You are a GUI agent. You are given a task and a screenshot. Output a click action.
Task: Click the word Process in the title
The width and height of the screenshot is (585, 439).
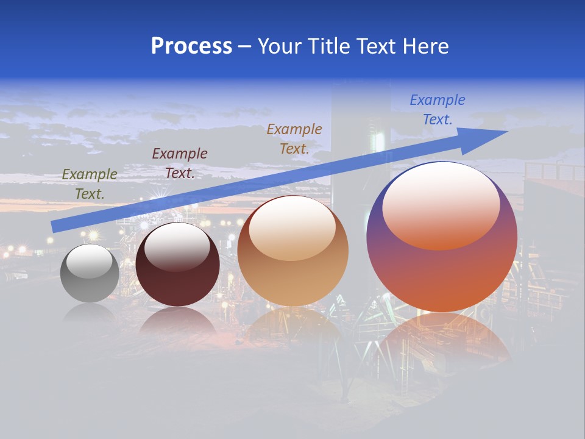click(191, 46)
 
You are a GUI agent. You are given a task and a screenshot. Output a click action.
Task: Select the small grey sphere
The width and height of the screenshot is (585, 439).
click(90, 273)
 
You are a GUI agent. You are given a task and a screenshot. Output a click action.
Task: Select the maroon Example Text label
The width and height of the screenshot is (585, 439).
click(180, 163)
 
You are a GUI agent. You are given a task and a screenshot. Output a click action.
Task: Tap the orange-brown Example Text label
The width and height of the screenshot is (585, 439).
click(294, 138)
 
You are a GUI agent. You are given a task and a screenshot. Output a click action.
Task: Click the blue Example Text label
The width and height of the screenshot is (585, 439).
click(438, 110)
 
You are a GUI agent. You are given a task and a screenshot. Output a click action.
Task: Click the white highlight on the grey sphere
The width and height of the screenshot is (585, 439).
click(90, 261)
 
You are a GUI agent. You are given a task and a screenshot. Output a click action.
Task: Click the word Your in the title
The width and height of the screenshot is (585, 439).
click(280, 46)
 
